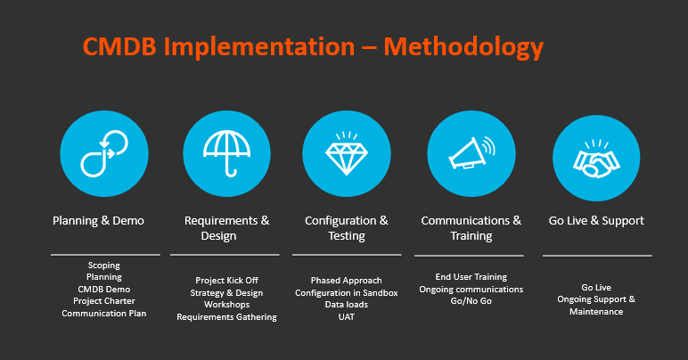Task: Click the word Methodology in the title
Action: tap(463, 47)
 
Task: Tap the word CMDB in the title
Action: tap(119, 46)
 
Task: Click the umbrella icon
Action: tap(226, 153)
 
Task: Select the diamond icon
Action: tap(347, 153)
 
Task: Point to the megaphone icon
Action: tap(471, 153)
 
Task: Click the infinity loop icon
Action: tap(104, 153)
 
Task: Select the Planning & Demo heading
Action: tap(98, 221)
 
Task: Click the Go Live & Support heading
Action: tap(596, 221)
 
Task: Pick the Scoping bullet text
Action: tap(104, 266)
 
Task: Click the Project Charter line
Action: tap(104, 301)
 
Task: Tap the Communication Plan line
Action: tap(104, 313)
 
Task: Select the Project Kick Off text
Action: tap(227, 280)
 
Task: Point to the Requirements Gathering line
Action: tap(227, 316)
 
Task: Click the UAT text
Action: tap(347, 316)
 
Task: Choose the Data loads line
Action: tap(347, 305)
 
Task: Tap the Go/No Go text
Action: tap(471, 301)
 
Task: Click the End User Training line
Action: tap(471, 277)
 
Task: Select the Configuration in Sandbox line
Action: tap(347, 292)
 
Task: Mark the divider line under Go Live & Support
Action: tap(597, 256)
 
